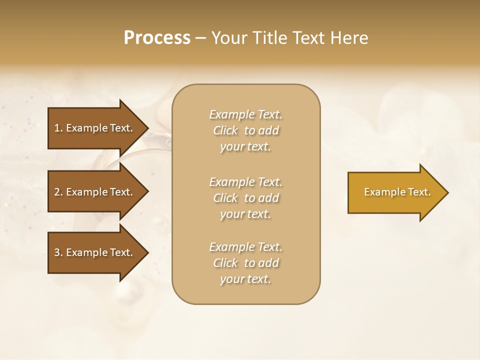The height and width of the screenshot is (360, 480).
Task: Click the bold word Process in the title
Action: (x=157, y=37)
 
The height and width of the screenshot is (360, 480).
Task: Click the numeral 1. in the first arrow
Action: (x=58, y=128)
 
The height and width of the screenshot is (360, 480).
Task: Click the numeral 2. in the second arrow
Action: (x=58, y=192)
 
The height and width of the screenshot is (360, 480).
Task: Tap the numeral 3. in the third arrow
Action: (x=58, y=252)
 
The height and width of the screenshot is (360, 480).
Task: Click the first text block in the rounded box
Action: (x=245, y=130)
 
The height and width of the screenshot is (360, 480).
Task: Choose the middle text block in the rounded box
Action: (x=245, y=198)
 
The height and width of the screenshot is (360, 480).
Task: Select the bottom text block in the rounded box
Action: (x=245, y=263)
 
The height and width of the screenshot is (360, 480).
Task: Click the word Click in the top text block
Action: (x=225, y=130)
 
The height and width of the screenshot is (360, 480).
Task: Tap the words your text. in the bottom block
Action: (x=245, y=279)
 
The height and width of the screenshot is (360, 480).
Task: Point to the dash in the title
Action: (x=200, y=38)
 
